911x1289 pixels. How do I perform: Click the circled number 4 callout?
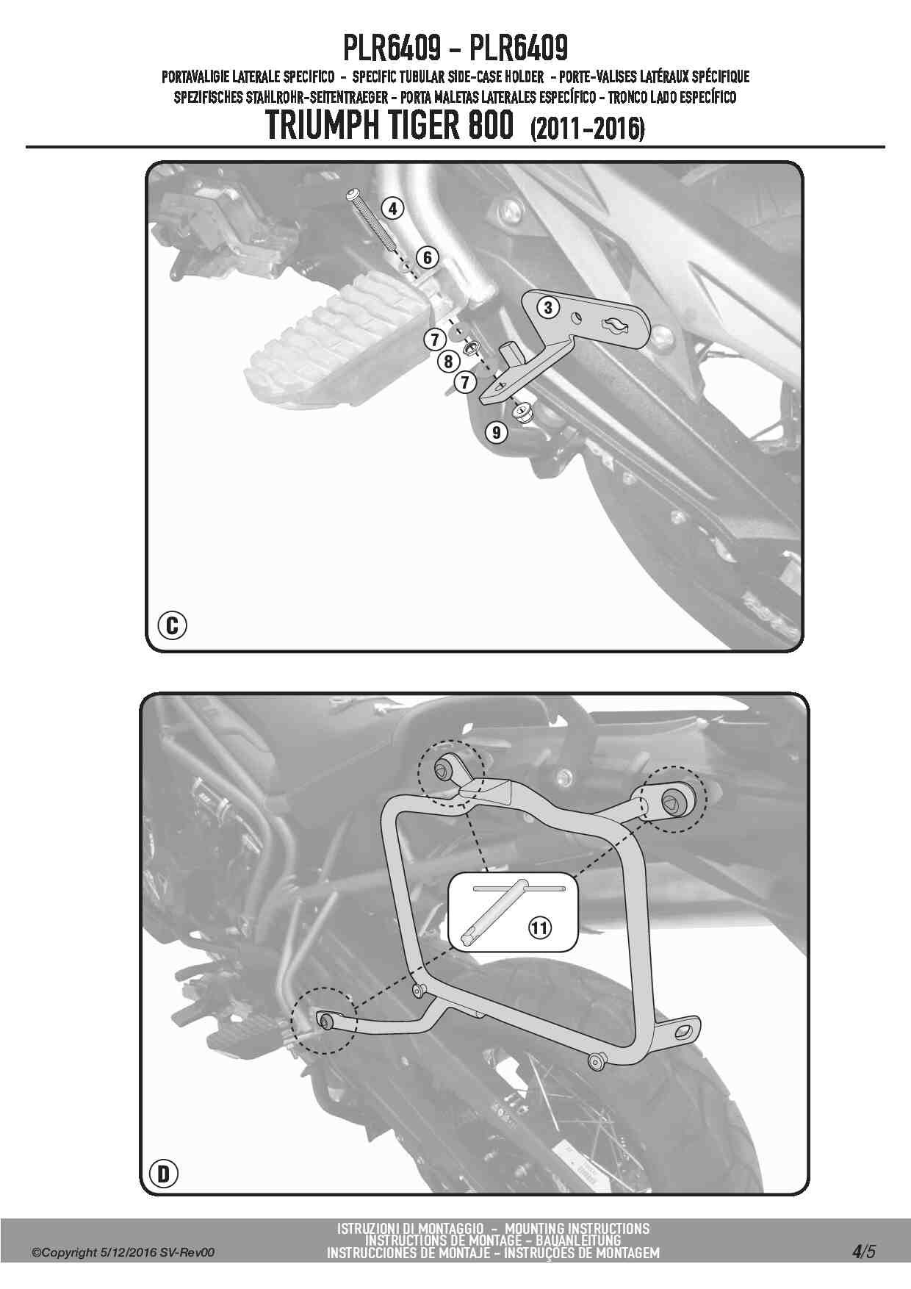coord(393,208)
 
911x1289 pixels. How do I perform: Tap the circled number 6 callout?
coord(427,257)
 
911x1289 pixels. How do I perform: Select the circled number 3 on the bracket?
coord(548,307)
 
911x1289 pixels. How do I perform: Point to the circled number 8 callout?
coord(448,361)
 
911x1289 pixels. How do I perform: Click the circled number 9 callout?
coord(497,432)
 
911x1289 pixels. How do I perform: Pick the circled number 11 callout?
coord(539,927)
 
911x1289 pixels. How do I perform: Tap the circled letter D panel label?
coord(164,1174)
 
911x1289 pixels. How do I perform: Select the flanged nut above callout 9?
coord(522,412)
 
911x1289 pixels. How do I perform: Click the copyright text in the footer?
coord(123,1252)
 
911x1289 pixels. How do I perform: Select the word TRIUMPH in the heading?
coord(327,126)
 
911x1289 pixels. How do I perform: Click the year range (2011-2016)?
coord(586,129)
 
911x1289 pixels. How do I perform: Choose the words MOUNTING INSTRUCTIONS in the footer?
coord(577,1228)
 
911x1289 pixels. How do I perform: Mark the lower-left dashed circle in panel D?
coord(323,1020)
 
